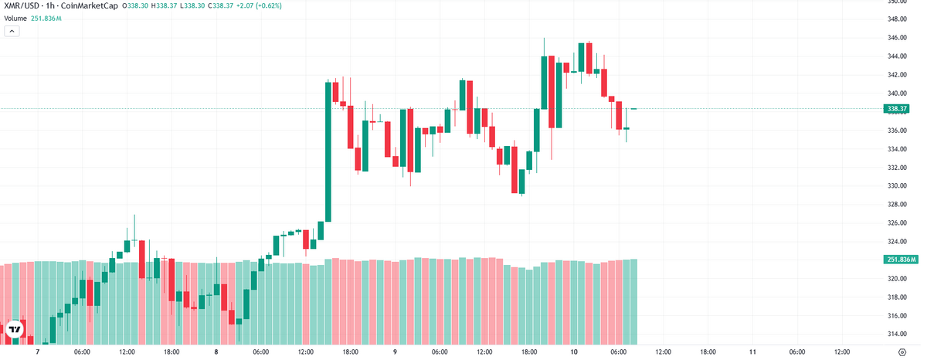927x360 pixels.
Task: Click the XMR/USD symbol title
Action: pyautogui.click(x=22, y=6)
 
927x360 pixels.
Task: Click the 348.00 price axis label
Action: pyautogui.click(x=895, y=19)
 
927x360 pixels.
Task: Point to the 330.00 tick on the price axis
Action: pyautogui.click(x=895, y=186)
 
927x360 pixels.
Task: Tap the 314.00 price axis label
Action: pyautogui.click(x=895, y=335)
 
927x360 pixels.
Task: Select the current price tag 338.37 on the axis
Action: pyautogui.click(x=901, y=109)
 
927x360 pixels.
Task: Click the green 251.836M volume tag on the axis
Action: pyautogui.click(x=901, y=260)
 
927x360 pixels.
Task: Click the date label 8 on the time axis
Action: pyautogui.click(x=216, y=352)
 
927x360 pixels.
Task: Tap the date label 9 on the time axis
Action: pyautogui.click(x=395, y=352)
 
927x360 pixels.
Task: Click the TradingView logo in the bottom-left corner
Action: pyautogui.click(x=15, y=330)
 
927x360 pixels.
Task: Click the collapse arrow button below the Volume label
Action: pyautogui.click(x=12, y=31)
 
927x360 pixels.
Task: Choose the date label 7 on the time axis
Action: pyautogui.click(x=37, y=352)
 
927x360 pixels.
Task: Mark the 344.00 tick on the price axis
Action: pyautogui.click(x=895, y=56)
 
